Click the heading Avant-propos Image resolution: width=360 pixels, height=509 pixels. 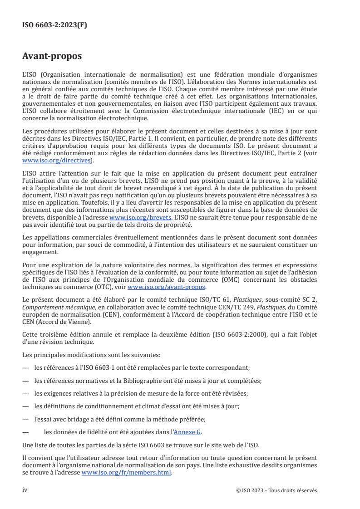[x=52, y=57]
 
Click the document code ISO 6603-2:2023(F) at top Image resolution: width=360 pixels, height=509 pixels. [x=54, y=25]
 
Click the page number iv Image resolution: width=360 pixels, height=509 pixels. [x=25, y=490]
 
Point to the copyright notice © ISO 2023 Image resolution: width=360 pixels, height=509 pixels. [x=274, y=490]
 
